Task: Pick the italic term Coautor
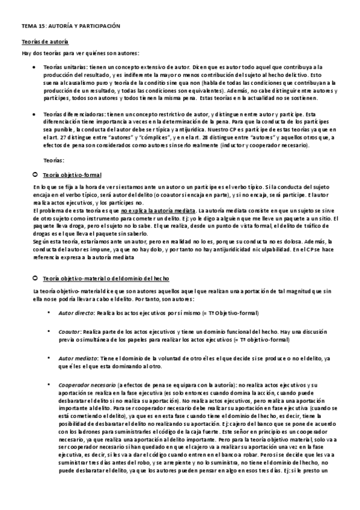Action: (69, 331)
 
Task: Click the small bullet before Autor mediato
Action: (48, 357)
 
